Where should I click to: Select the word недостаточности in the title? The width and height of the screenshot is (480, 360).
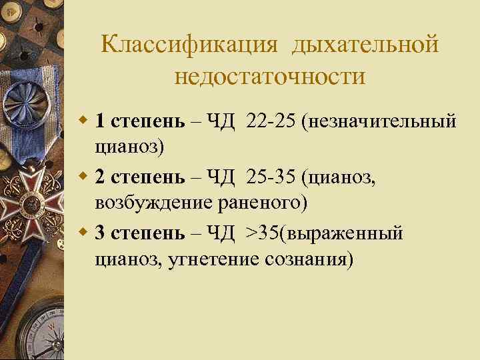coord(270,77)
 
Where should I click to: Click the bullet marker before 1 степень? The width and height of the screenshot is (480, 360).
coord(83,121)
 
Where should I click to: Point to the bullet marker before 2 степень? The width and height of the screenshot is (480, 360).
coord(83,177)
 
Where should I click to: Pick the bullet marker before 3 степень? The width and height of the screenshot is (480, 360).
coord(83,233)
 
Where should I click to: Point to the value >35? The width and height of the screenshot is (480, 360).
coord(263,233)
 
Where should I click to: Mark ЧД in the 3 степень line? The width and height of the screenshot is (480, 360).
coord(220,233)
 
